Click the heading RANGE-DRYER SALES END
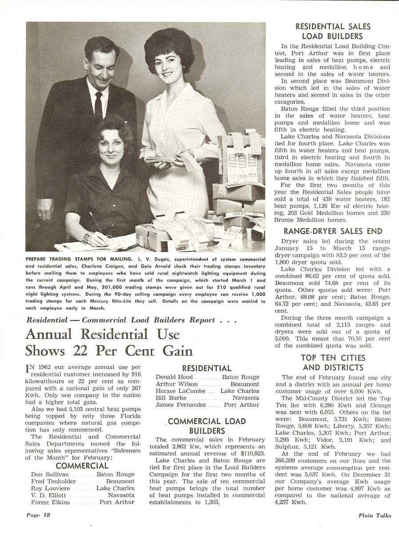333,231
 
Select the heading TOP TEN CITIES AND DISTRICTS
333,363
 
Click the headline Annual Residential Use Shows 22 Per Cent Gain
109,342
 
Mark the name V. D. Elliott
49,495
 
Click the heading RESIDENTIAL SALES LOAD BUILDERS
332,32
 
